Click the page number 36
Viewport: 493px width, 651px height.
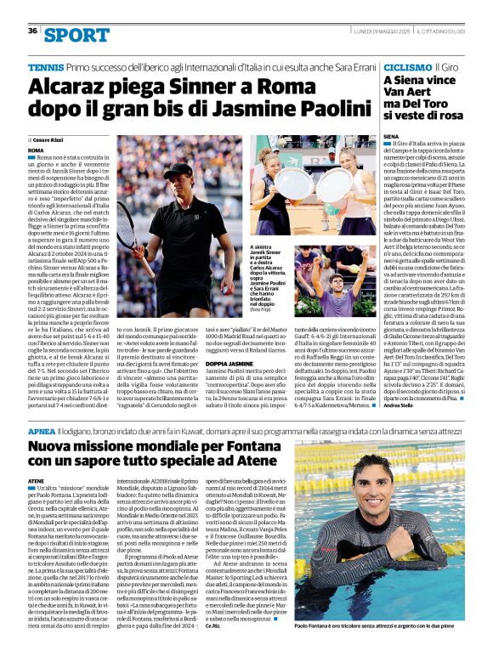click(32, 31)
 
